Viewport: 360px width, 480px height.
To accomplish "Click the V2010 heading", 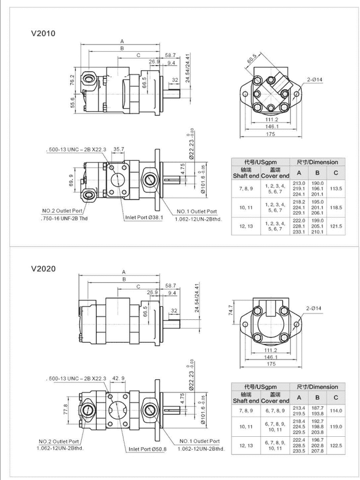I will click(x=43, y=33).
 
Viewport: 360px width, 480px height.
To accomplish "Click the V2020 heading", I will click(x=43, y=268).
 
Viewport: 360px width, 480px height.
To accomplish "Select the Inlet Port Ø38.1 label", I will click(x=145, y=218).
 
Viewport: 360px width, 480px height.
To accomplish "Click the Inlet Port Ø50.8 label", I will click(x=147, y=449).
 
